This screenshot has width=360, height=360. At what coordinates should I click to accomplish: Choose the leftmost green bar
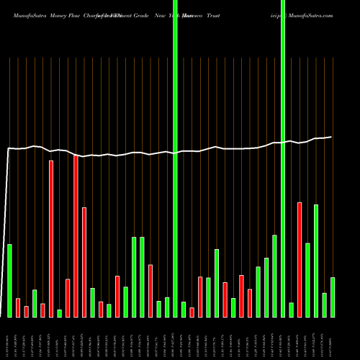click(x=9, y=281)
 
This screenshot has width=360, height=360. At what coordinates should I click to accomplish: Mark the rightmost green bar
click(x=332, y=297)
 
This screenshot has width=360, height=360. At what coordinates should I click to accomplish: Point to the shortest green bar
click(x=59, y=313)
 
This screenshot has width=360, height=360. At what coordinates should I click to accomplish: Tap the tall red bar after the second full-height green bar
click(x=300, y=259)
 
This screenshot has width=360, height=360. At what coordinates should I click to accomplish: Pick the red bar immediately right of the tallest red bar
click(x=84, y=262)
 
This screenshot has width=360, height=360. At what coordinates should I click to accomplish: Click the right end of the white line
click(x=331, y=137)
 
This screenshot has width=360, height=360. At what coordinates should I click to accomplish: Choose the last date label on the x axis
click(x=332, y=338)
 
